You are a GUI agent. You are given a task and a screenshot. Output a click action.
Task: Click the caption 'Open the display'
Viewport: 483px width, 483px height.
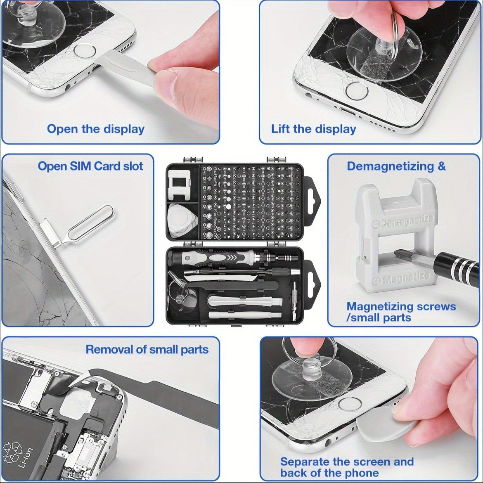95,129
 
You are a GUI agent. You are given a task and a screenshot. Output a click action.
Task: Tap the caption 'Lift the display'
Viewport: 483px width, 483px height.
313,129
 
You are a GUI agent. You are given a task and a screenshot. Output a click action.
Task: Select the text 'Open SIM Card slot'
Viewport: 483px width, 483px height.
90,166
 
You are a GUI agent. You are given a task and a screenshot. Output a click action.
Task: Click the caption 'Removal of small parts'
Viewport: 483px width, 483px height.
147,349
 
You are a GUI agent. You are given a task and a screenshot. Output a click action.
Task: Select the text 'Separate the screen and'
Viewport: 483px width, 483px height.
346,462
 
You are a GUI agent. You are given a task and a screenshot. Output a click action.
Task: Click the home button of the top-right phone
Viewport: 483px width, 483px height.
357,91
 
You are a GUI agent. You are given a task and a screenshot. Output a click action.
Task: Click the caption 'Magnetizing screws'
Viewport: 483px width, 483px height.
401,307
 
